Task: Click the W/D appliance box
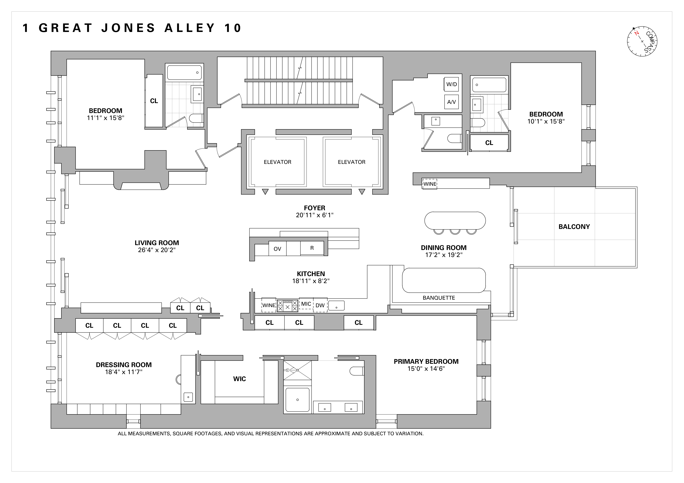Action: (x=451, y=84)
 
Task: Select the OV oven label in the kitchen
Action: (x=277, y=249)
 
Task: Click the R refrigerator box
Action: (x=312, y=248)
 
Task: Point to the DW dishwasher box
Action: (x=320, y=305)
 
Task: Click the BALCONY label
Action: (x=574, y=227)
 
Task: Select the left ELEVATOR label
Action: (x=277, y=162)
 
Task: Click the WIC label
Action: (x=239, y=379)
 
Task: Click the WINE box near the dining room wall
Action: (x=430, y=184)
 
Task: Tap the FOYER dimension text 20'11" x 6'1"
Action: (x=315, y=215)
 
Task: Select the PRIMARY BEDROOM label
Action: (x=426, y=362)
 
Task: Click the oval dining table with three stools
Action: (x=455, y=221)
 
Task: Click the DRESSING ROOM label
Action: (x=124, y=365)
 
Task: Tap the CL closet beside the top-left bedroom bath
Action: (x=154, y=101)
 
